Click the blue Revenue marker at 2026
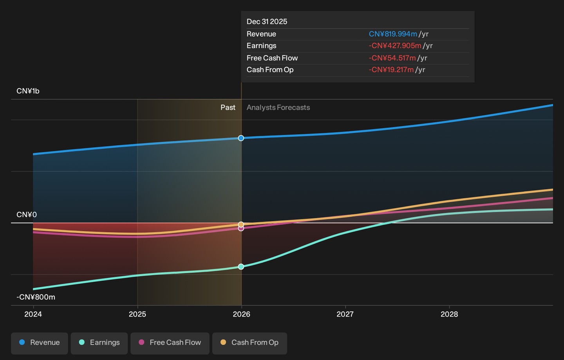point(241,138)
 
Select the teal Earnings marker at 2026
point(241,267)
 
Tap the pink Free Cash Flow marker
point(241,228)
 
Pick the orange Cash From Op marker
point(241,224)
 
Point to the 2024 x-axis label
point(33,314)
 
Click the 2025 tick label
point(137,314)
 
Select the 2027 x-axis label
point(345,314)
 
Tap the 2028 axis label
point(449,314)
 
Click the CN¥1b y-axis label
point(28,91)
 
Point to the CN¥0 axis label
point(27,215)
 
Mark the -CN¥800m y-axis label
point(36,297)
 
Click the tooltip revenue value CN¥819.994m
point(393,34)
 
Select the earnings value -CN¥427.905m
point(395,46)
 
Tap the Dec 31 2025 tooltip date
point(267,22)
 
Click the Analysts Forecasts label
point(278,107)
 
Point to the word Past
point(228,107)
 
